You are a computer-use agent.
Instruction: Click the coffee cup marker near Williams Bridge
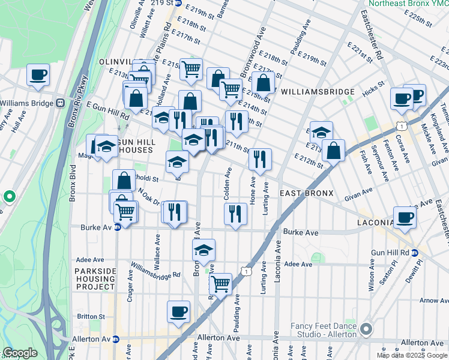(38, 75)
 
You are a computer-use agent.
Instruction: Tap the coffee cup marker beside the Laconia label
(405, 218)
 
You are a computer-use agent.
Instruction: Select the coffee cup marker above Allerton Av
(178, 311)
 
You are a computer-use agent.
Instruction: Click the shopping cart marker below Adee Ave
(220, 283)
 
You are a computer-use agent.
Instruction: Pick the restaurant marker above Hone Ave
(260, 159)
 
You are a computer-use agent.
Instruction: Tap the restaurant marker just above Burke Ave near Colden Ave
(235, 214)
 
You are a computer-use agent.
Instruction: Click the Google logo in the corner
(20, 353)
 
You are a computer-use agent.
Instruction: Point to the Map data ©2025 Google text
(412, 355)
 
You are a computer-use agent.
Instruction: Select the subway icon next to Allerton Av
(116, 339)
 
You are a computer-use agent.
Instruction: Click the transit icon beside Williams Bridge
(60, 102)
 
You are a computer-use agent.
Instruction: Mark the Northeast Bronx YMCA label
(408, 3)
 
